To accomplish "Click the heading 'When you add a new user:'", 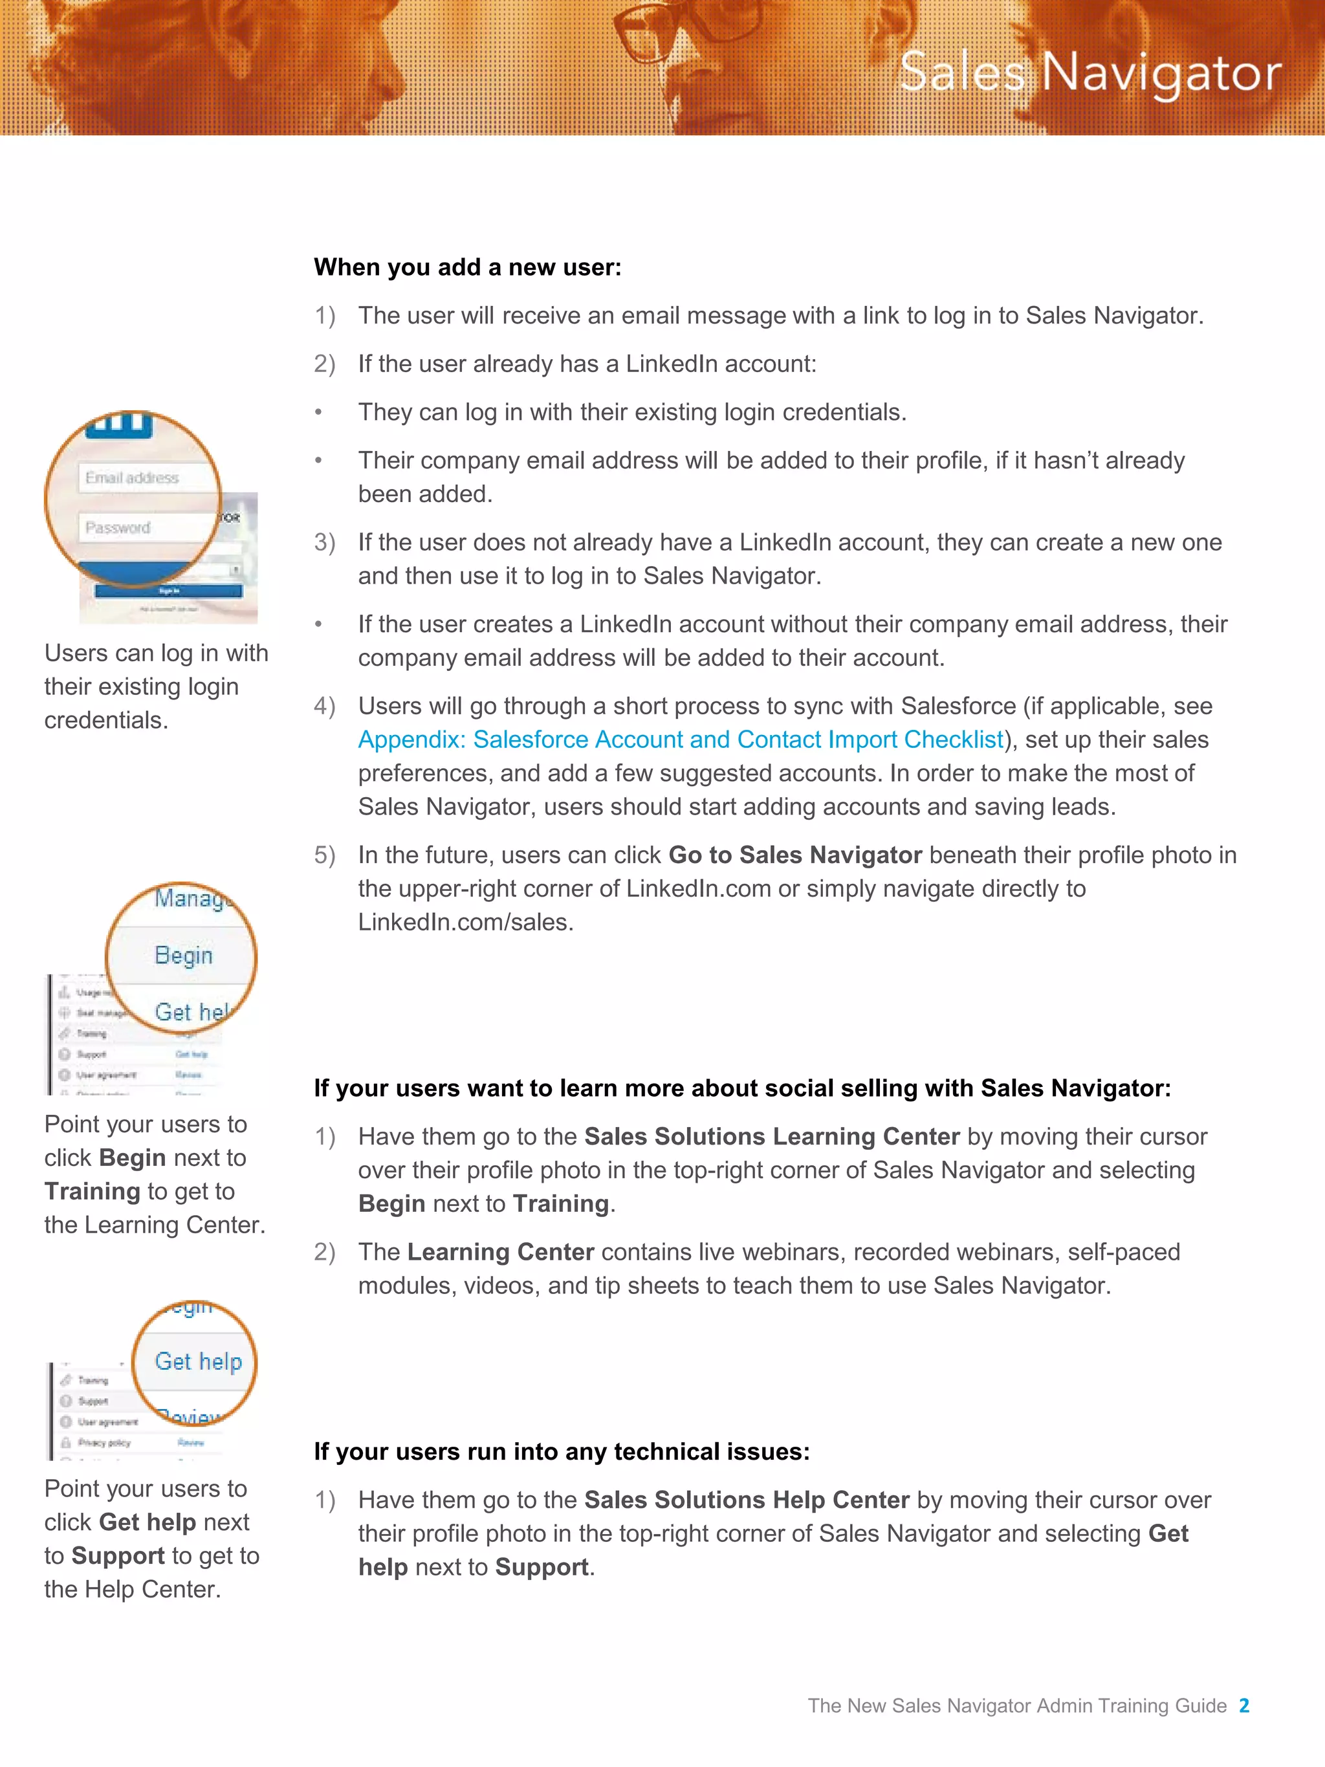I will click(467, 267).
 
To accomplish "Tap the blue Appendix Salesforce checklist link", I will click(680, 740).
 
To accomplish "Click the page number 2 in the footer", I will click(1243, 1706).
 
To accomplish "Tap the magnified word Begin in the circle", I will click(184, 956).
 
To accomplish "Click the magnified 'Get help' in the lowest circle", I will click(198, 1361).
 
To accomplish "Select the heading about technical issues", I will click(562, 1451).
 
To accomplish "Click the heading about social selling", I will click(742, 1088).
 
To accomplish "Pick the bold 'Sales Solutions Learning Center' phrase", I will click(772, 1136).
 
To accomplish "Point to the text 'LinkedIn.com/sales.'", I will click(466, 922).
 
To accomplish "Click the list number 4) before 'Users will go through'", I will click(324, 706).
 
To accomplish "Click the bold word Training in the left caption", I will click(93, 1191).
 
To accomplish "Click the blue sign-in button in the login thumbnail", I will click(168, 591).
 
